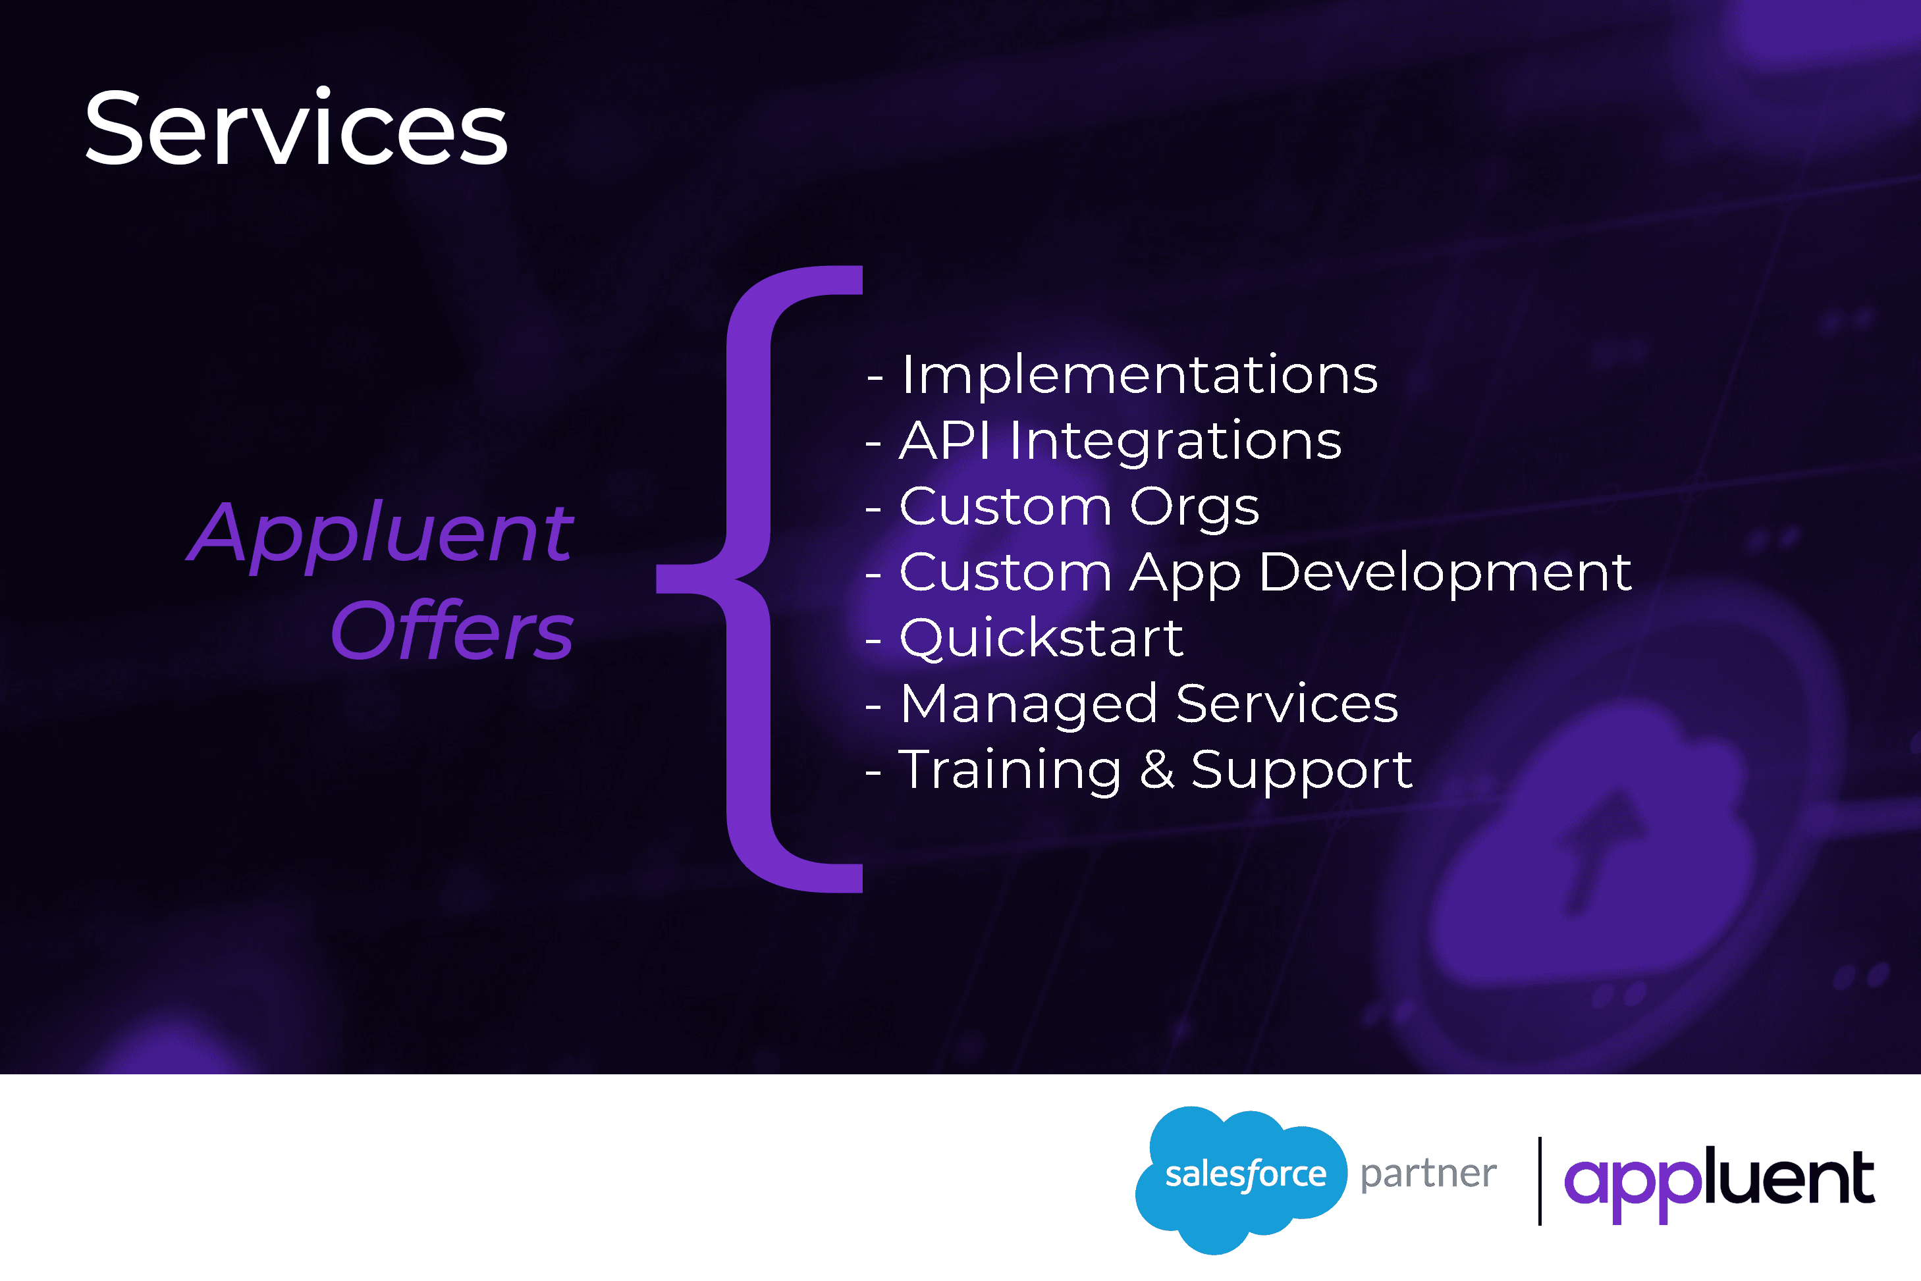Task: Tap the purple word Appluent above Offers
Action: tap(381, 535)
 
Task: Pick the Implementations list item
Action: tap(1122, 376)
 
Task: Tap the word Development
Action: tap(1446, 573)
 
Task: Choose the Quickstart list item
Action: tap(1025, 638)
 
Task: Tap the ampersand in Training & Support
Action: tap(1157, 770)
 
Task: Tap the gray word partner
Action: tap(1429, 1175)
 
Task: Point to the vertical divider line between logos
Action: tap(1540, 1180)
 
